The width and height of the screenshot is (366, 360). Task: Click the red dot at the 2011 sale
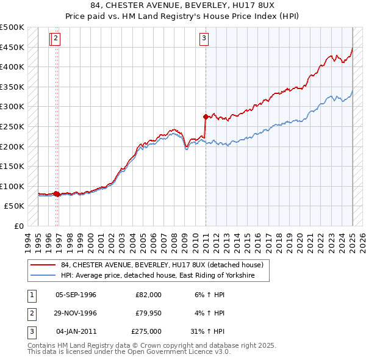pyautogui.click(x=206, y=116)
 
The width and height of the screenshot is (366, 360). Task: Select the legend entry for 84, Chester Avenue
pyautogui.click(x=162, y=265)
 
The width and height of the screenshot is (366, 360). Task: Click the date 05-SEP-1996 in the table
pyautogui.click(x=76, y=295)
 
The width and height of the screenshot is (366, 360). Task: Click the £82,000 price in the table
pyautogui.click(x=148, y=295)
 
